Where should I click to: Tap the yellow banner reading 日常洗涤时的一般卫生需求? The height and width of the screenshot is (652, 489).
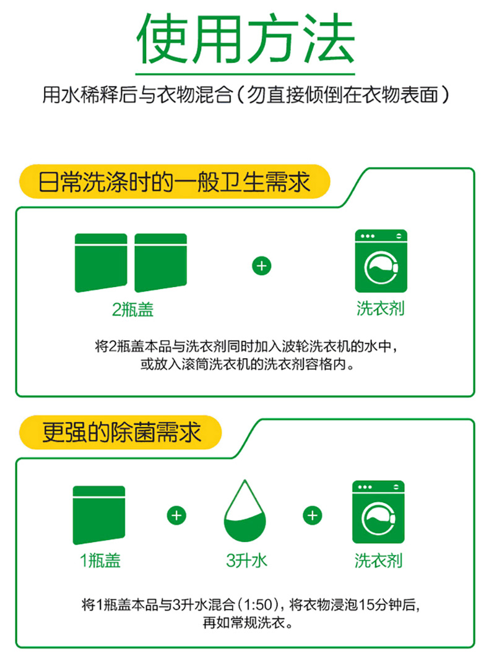175,182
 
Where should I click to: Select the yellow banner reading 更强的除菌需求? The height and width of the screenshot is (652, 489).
120,432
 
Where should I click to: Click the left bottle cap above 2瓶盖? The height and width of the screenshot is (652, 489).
101,263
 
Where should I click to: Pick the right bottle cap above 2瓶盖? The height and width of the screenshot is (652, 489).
161,263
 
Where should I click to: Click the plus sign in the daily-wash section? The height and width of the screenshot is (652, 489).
262,266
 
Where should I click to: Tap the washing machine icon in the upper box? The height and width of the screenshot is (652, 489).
381,261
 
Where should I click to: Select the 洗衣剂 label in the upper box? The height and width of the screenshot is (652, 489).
381,309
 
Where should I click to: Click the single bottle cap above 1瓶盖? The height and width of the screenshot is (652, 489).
99,515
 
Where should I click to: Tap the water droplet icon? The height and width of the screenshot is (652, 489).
245,511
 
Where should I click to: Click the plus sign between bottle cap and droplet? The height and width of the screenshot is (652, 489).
176,516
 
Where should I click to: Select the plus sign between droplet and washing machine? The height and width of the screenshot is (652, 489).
313,516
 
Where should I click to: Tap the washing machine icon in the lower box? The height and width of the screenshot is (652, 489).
378,512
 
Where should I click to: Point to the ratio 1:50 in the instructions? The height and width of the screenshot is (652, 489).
259,604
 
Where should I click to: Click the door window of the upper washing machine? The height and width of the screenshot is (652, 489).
381,268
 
